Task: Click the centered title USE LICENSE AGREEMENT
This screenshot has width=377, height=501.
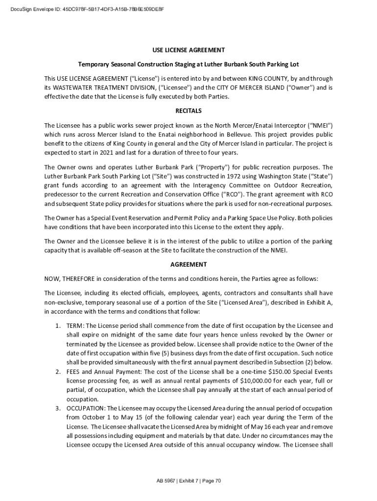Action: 188,50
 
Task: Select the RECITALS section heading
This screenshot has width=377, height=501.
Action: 188,111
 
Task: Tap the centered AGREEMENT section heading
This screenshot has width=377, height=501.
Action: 188,265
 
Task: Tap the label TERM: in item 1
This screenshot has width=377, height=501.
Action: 75,326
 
